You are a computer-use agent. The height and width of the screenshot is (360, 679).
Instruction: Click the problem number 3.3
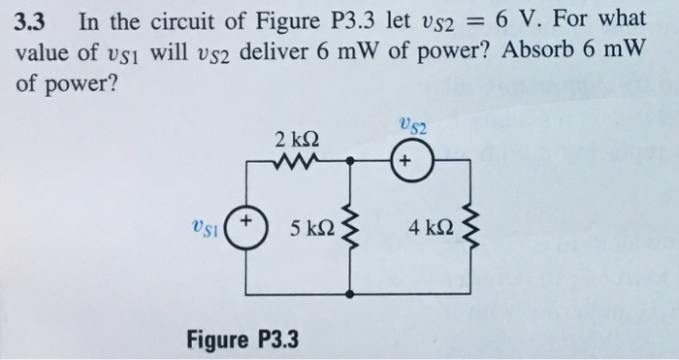(33, 20)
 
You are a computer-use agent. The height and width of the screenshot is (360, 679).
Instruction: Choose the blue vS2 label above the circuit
(412, 124)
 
